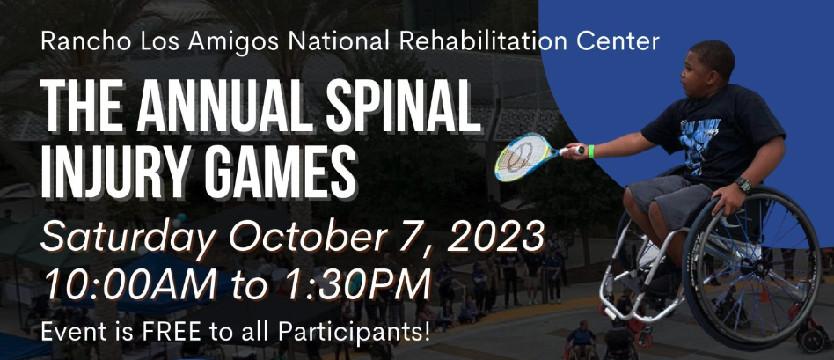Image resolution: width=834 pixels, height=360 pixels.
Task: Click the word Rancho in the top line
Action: click(x=77, y=40)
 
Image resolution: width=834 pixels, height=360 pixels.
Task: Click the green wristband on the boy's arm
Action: click(x=592, y=151)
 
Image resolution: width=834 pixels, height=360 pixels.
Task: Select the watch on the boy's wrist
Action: click(x=743, y=185)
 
